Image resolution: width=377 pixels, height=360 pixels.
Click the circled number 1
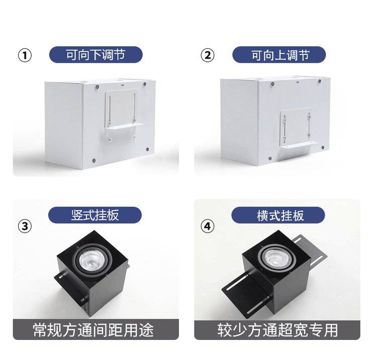(25, 55)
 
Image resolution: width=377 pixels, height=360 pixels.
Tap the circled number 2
(207, 55)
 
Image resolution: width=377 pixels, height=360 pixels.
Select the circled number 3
(25, 226)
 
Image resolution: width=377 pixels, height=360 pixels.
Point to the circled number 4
(207, 226)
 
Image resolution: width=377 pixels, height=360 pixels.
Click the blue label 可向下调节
(96, 55)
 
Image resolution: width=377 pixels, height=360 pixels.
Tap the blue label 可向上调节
(279, 55)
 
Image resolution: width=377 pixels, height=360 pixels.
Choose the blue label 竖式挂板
(95, 215)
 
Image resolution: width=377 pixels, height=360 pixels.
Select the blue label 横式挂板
(278, 215)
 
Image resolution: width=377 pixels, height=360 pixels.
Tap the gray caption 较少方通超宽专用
(277, 330)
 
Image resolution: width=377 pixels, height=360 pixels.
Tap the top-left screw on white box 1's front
(97, 87)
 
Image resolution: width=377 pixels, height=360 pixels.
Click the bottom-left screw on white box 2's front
(270, 158)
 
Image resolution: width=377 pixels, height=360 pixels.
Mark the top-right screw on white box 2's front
(320, 81)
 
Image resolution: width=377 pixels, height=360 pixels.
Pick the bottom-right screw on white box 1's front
(147, 149)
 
